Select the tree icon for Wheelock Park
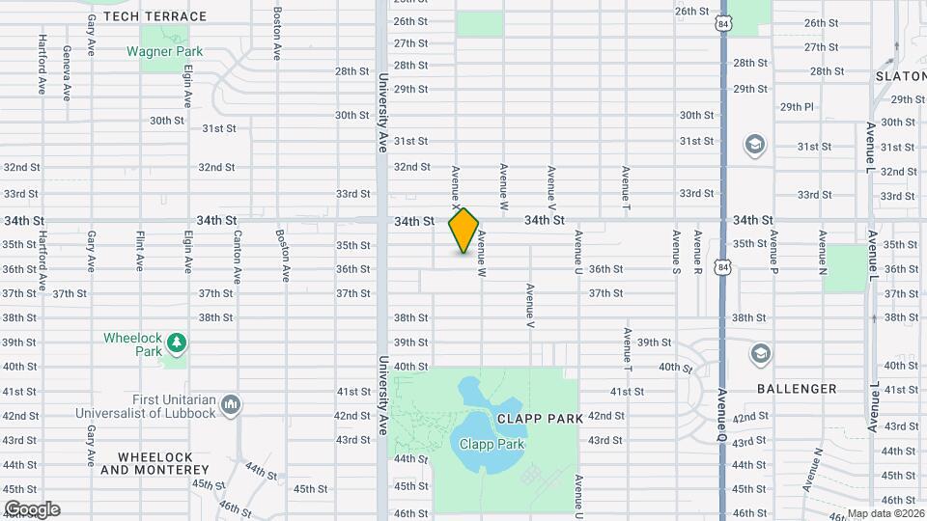175,343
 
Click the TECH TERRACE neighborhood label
154,16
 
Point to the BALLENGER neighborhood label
797,389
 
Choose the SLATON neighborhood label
900,75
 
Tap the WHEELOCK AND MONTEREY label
155,463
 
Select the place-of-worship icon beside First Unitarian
231,403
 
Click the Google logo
32,508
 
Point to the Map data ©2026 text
885,513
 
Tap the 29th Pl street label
797,106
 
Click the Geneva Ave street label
67,73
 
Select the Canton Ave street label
236,251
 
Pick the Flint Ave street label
141,251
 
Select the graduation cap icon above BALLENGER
760,354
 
